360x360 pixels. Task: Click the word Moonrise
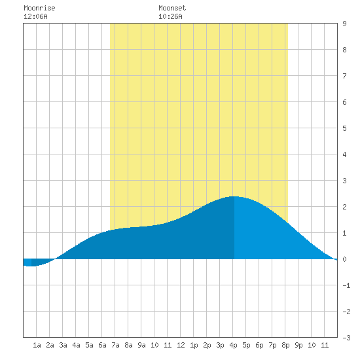coord(39,8)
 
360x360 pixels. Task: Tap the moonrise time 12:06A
coord(35,16)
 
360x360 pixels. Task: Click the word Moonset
coord(172,8)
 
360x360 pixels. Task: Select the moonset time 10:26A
coord(170,16)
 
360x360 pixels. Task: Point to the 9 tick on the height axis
coord(344,24)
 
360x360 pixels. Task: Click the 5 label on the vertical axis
coord(344,128)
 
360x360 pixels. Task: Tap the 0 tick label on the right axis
coord(344,259)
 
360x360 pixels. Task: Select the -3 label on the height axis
coord(346,338)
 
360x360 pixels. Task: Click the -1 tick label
coord(346,285)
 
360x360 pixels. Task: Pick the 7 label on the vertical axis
coord(344,76)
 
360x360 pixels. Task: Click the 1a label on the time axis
coord(37,345)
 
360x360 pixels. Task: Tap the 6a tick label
coord(102,345)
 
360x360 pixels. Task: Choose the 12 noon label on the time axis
coord(181,345)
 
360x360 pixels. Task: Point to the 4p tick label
coord(233,345)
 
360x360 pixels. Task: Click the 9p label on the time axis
coord(298,345)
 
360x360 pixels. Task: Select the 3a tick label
coord(63,345)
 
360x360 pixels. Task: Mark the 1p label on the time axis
coord(194,345)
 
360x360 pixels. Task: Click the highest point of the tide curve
coord(234,196)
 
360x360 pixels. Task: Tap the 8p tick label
coord(285,345)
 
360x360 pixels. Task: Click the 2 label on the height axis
coord(344,207)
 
